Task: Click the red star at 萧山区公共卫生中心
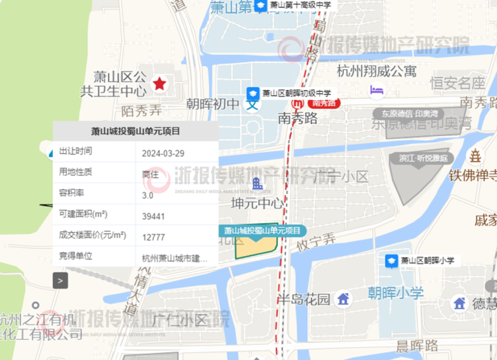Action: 159,83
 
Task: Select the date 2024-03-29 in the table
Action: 163,153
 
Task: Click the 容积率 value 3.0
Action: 148,195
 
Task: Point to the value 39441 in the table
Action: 153,216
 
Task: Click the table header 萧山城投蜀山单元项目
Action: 135,131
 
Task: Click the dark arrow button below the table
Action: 61,281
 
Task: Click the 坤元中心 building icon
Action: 257,183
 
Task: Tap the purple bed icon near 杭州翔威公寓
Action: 376,90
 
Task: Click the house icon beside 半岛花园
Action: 342,299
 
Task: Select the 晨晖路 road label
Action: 417,346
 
